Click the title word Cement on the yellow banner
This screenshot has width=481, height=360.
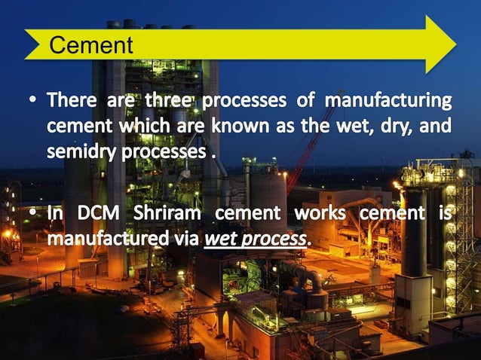pos(90,45)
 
